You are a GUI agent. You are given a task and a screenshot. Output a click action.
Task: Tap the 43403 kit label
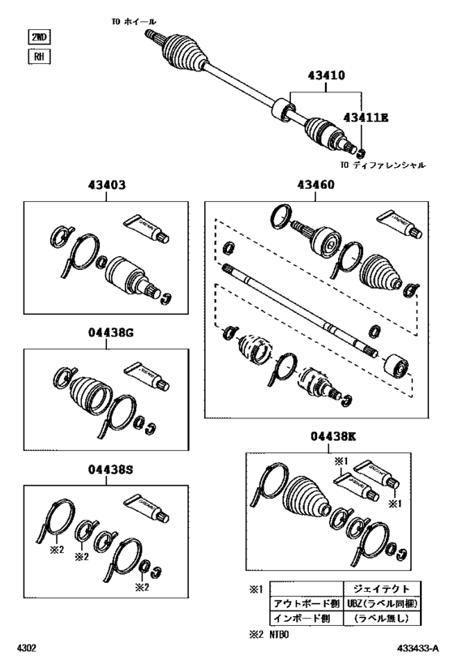point(106,186)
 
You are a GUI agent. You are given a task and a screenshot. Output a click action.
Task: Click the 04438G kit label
point(106,333)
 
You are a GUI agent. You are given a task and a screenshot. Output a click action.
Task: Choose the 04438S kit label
point(106,469)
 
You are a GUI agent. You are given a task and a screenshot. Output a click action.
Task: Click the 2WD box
point(38,37)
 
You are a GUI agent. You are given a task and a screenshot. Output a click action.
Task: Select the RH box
point(38,57)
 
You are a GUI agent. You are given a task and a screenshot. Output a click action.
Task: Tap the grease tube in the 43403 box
point(146,227)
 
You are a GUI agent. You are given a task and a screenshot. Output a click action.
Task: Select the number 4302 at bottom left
point(27,649)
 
